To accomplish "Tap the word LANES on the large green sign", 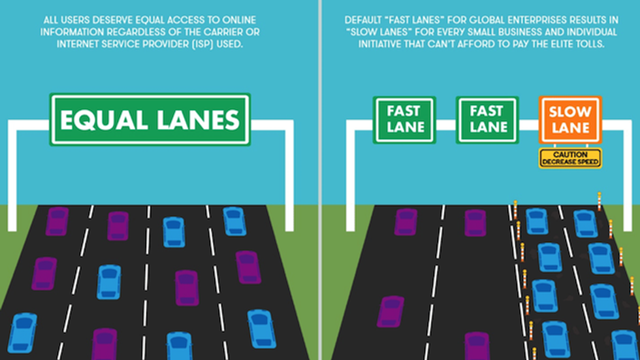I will point(197,120).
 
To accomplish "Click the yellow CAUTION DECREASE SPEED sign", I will point(570,157).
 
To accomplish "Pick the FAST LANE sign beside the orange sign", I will point(487,120).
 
